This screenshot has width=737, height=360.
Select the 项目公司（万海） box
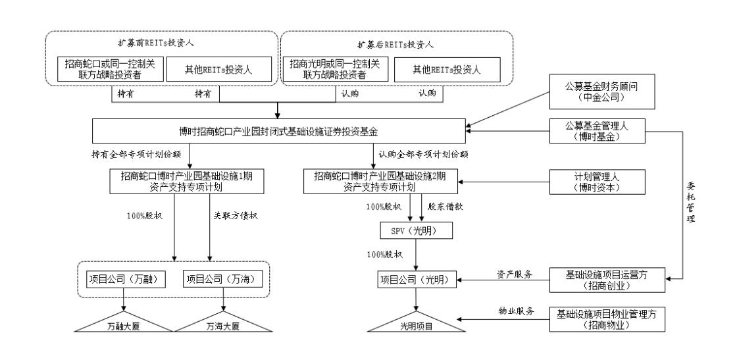tap(224, 280)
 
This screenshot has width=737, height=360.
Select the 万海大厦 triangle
tap(224, 324)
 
